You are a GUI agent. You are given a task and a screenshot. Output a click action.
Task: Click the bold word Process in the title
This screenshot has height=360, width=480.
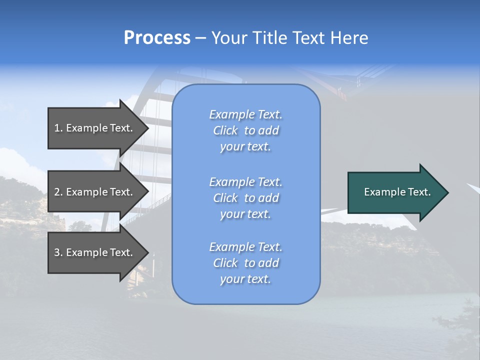[157, 37]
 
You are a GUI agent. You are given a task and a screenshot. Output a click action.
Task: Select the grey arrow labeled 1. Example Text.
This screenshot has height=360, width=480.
[95, 128]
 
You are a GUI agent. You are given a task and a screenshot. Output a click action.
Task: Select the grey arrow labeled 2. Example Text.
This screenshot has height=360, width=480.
[95, 192]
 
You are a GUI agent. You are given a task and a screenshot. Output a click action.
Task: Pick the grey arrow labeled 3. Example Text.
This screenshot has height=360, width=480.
[95, 252]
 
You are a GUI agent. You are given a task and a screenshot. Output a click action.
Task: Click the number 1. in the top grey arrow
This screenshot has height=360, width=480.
[58, 128]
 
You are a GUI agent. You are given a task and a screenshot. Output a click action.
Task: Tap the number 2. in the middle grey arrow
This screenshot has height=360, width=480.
[58, 192]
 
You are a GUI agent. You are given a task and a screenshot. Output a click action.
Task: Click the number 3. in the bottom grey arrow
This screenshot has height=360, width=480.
[58, 252]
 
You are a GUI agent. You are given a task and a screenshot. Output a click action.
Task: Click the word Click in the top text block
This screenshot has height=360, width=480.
[225, 130]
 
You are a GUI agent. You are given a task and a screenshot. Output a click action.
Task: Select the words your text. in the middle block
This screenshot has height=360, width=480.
[245, 214]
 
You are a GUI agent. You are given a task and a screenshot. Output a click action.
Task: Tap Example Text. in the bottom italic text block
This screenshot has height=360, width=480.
[245, 247]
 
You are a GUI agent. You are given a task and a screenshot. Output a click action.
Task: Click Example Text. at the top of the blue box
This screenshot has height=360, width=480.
[245, 114]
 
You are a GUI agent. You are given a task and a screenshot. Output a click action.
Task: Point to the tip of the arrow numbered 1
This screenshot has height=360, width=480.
[148, 128]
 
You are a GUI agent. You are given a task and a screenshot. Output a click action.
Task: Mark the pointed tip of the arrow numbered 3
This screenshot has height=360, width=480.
[148, 252]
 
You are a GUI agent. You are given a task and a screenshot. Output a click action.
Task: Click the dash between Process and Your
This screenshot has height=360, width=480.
[200, 38]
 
